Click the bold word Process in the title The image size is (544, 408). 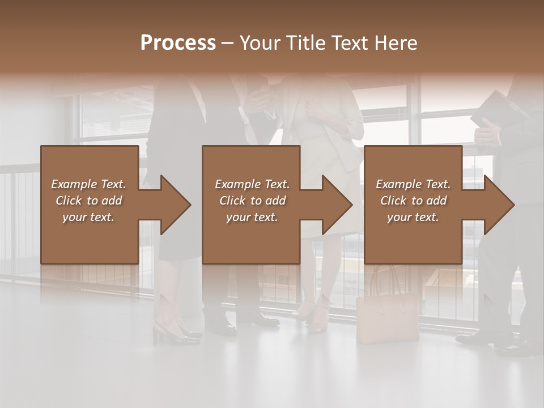pos(178,42)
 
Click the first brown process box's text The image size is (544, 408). pos(89,201)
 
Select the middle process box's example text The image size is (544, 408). pos(252,201)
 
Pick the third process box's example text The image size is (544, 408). pos(413,201)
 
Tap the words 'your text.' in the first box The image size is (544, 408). pos(89,216)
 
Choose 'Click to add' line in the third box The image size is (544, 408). pos(413,201)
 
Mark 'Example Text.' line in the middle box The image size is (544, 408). pos(252,184)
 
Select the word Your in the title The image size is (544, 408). pos(260,42)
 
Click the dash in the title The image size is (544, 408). pos(228,43)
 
